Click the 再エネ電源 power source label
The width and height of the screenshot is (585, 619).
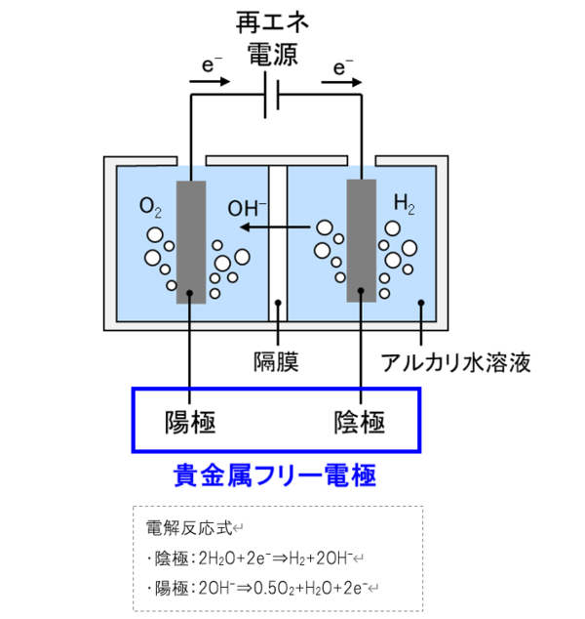click(x=272, y=38)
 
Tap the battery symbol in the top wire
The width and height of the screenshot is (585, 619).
click(x=272, y=95)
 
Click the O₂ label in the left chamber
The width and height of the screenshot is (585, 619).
click(x=150, y=207)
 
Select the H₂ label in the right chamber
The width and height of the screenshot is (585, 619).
click(x=405, y=204)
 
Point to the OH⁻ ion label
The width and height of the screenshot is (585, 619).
click(x=248, y=208)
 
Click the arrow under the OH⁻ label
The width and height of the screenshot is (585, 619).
click(x=275, y=227)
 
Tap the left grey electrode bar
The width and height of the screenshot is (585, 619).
click(x=191, y=242)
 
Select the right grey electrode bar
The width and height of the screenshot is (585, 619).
click(x=362, y=241)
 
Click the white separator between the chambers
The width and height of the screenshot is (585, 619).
click(x=278, y=243)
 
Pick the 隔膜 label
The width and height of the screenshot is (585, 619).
click(x=276, y=361)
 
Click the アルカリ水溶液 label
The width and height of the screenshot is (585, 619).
click(x=455, y=362)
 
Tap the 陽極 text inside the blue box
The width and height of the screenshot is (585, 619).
click(x=190, y=423)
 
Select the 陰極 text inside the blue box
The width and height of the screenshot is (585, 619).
click(x=360, y=423)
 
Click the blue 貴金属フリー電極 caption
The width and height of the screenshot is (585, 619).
click(x=275, y=475)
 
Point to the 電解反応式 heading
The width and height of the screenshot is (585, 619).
click(x=189, y=528)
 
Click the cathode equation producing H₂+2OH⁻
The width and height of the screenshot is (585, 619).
click(x=253, y=558)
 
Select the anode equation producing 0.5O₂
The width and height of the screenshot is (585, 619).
click(x=261, y=588)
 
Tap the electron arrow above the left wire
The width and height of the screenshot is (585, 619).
click(x=210, y=82)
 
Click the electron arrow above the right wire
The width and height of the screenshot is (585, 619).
click(x=341, y=82)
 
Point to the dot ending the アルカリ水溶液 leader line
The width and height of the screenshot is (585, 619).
click(x=421, y=303)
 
